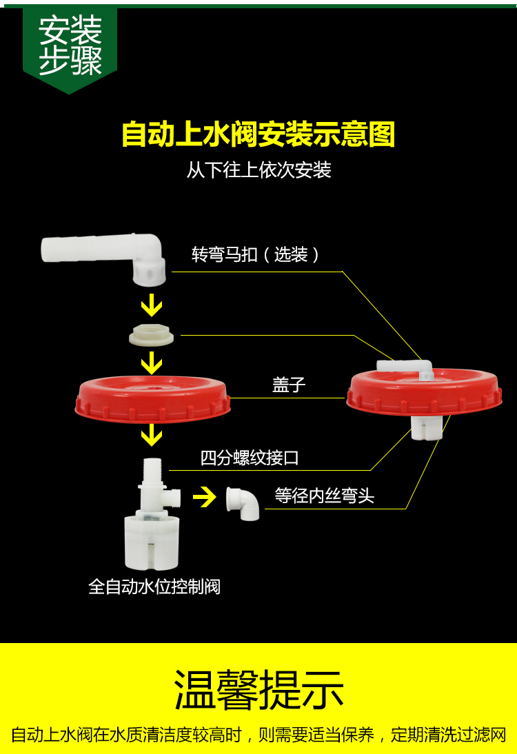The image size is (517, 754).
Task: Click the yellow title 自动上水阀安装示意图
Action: (258, 134)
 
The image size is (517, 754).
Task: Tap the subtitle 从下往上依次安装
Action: (258, 170)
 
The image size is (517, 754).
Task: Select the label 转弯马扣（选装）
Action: (256, 255)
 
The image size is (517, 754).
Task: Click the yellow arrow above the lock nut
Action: (151, 306)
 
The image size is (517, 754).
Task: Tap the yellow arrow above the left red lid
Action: (151, 363)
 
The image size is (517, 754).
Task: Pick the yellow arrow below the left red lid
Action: (151, 434)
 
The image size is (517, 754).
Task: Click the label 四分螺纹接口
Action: (250, 458)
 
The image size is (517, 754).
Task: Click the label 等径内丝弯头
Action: (325, 496)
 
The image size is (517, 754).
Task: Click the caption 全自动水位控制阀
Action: (154, 587)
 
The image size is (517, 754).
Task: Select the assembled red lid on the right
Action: (423, 393)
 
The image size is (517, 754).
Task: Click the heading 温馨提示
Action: (258, 690)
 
